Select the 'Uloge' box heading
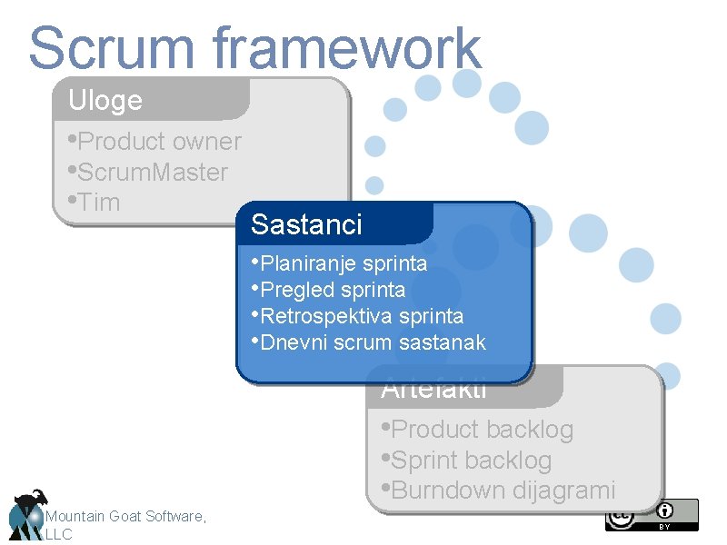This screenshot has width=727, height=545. pos(105,100)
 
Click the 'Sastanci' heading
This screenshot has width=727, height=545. pos(306,224)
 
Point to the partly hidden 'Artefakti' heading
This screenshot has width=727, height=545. pos(434,391)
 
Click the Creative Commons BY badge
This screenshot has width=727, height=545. pos(652,515)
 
